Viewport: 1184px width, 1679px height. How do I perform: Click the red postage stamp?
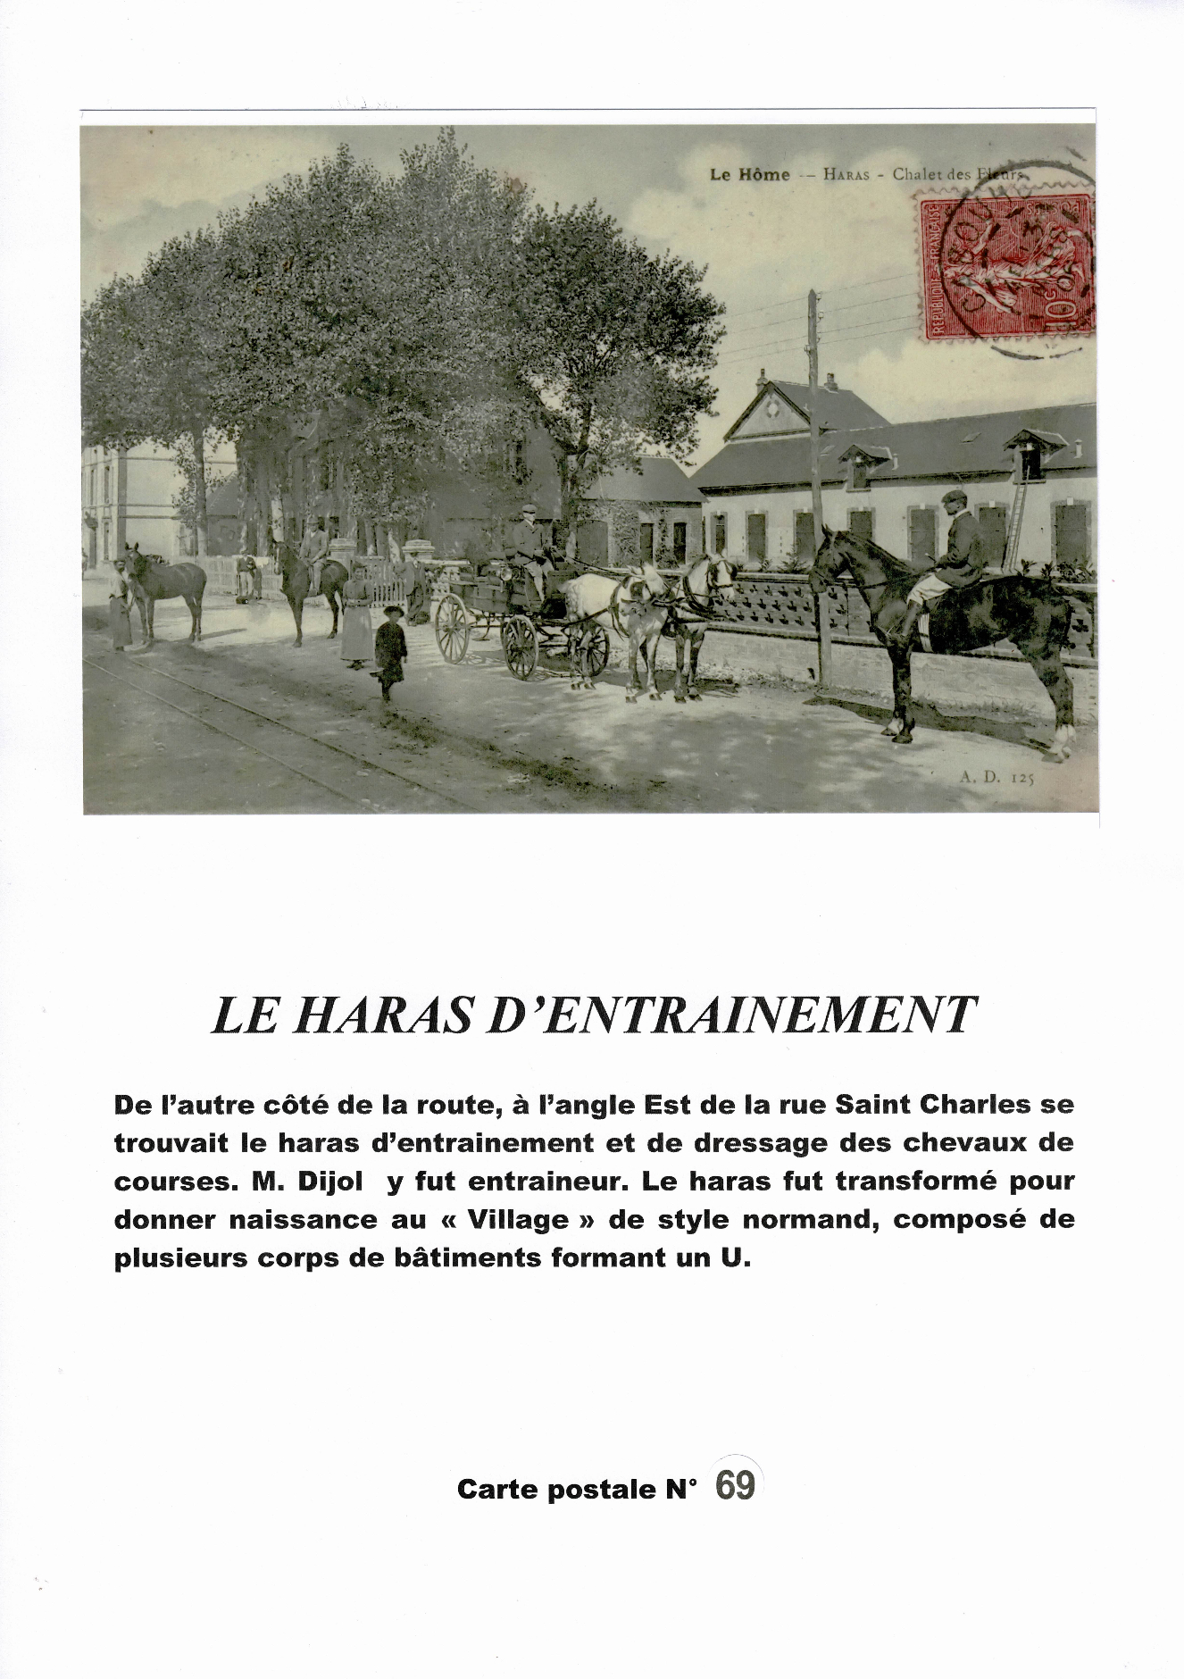(x=1008, y=267)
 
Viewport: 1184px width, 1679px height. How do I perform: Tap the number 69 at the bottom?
(x=736, y=1485)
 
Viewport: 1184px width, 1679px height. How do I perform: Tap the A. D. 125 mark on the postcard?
(x=996, y=778)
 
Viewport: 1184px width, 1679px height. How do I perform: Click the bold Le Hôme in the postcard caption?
(x=749, y=175)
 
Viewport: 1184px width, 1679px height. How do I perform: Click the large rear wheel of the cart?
(x=452, y=628)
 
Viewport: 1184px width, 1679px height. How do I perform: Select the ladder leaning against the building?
(x=1015, y=523)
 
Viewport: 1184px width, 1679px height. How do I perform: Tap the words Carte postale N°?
(x=576, y=1489)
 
